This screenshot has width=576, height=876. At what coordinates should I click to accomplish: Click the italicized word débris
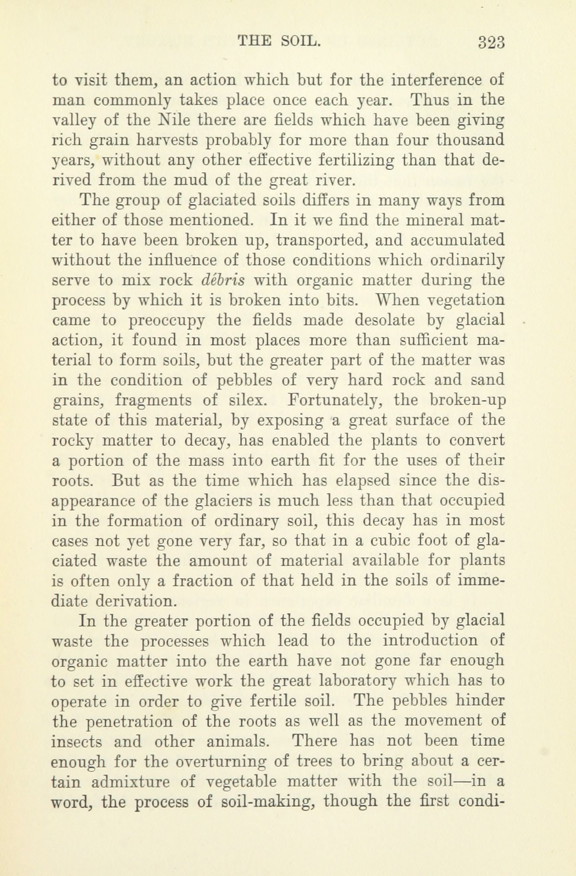click(x=223, y=280)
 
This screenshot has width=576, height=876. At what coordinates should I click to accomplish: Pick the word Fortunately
click(x=336, y=400)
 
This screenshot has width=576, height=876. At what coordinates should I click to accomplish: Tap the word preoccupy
click(x=166, y=321)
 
